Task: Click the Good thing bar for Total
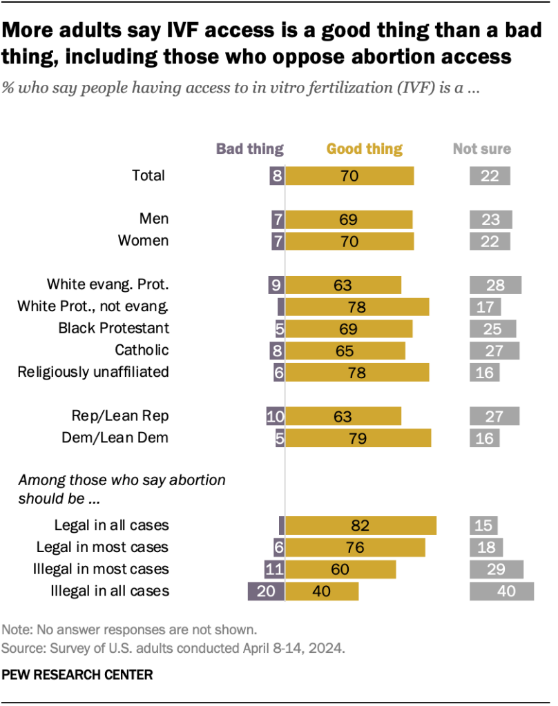tap(349, 175)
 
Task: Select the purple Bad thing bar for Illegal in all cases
tap(267, 591)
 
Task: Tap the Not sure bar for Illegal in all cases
tap(501, 591)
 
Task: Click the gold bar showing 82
tap(360, 525)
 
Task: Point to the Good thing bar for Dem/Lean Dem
tap(358, 438)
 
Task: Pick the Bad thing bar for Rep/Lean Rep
tap(276, 416)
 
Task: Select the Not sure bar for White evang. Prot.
tap(495, 284)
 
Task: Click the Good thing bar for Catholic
tap(345, 351)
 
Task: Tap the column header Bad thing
tap(250, 148)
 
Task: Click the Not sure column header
tap(482, 148)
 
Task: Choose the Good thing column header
tap(364, 148)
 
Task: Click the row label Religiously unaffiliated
tap(93, 372)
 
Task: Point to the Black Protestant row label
tap(114, 328)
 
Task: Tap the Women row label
tap(144, 241)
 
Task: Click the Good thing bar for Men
tap(349, 219)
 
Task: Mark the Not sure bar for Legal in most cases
tap(485, 547)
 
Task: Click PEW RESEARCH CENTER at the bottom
tap(77, 674)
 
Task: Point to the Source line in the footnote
tap(173, 648)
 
